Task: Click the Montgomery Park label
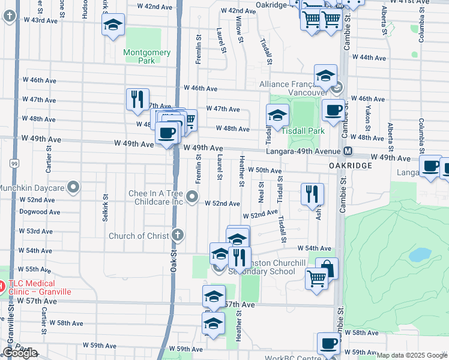[x=147, y=56]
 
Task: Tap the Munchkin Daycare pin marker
[x=74, y=188]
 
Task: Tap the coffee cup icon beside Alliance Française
[x=334, y=110]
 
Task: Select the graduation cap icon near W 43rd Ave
[x=112, y=26]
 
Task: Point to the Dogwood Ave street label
[x=39, y=212]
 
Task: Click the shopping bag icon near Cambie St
[x=327, y=268]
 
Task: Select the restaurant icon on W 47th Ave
[x=137, y=98]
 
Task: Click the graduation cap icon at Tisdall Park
[x=278, y=115]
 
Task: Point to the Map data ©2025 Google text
[x=412, y=355]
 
